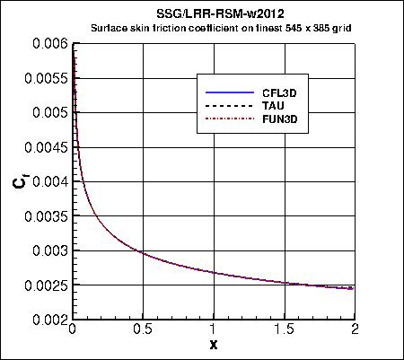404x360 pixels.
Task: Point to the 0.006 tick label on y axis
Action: (50, 43)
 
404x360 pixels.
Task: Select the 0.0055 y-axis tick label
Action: (47, 78)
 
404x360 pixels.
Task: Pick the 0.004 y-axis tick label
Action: (50, 181)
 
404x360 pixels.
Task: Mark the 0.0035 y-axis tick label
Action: (47, 216)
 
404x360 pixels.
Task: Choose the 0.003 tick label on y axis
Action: (50, 250)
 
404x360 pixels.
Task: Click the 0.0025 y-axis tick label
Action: (47, 285)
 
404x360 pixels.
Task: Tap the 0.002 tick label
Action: (50, 320)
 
